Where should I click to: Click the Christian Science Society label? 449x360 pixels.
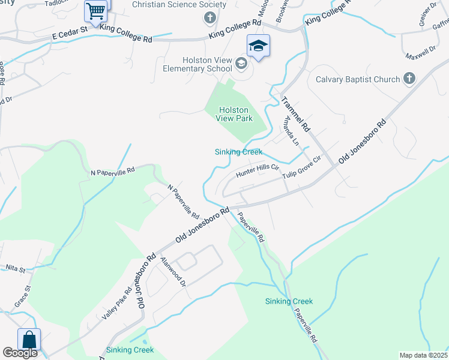pos(170,5)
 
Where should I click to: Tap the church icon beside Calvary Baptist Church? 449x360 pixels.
pos(409,79)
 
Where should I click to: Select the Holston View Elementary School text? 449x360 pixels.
pos(197,64)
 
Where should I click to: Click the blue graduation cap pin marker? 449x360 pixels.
pos(258,46)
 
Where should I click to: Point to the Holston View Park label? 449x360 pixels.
pos(234,114)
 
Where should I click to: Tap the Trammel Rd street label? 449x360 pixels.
pos(295,115)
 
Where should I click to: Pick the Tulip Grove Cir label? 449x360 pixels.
pos(303,167)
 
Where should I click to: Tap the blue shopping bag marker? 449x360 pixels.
pos(29,339)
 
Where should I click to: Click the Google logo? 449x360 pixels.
pos(20,353)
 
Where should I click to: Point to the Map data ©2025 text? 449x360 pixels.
pos(423,355)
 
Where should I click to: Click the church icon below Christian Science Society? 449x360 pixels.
pos(209,18)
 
